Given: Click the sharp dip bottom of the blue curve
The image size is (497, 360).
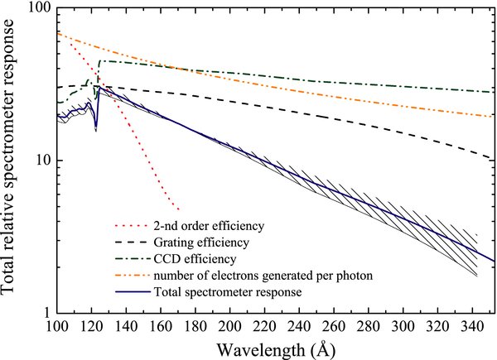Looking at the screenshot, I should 96,129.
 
